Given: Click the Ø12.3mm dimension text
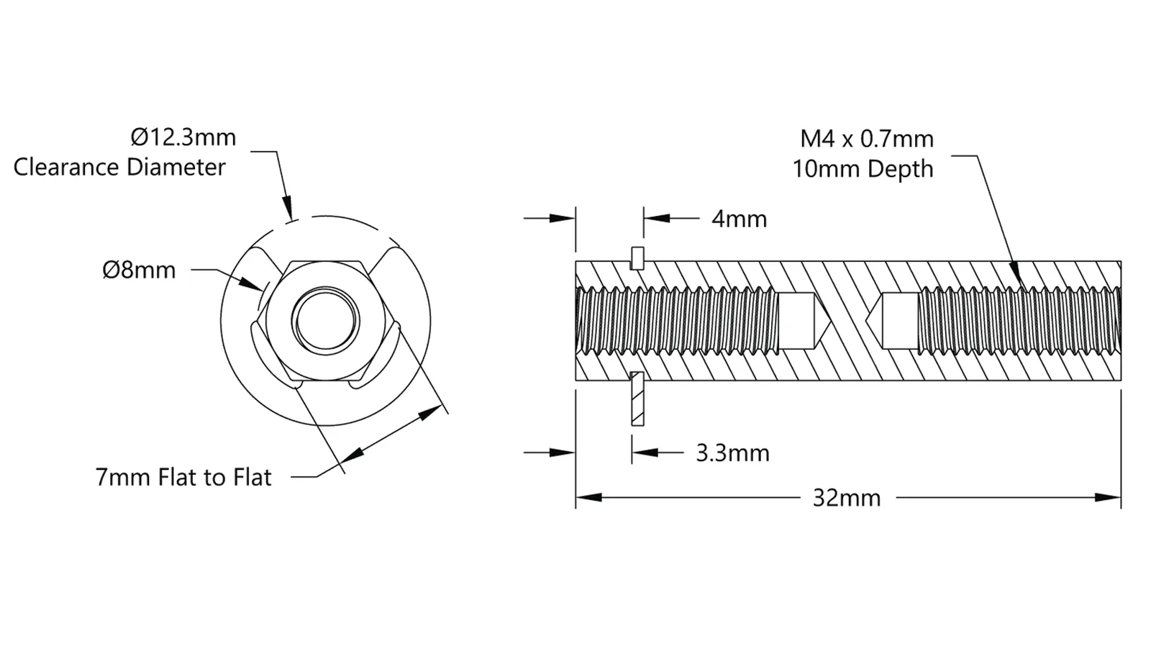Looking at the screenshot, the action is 183,137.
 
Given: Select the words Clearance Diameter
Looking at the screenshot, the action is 119,168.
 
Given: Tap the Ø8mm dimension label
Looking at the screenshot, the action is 140,270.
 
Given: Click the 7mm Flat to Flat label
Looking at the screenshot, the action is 183,477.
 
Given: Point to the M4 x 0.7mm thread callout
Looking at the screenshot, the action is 867,139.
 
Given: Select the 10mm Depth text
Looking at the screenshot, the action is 863,169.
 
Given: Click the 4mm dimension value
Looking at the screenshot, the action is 739,219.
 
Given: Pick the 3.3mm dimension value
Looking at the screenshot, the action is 733,453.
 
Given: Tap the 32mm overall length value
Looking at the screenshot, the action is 847,498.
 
